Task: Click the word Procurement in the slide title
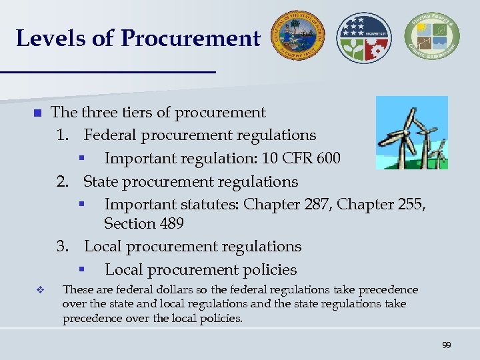tap(190, 38)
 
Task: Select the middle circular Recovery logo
tap(365, 37)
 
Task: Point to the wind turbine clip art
tap(411, 132)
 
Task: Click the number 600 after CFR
tap(326, 159)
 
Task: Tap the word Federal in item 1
tap(111, 135)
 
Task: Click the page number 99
tap(446, 345)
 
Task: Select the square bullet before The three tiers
tap(37, 113)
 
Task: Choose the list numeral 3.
tap(63, 246)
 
